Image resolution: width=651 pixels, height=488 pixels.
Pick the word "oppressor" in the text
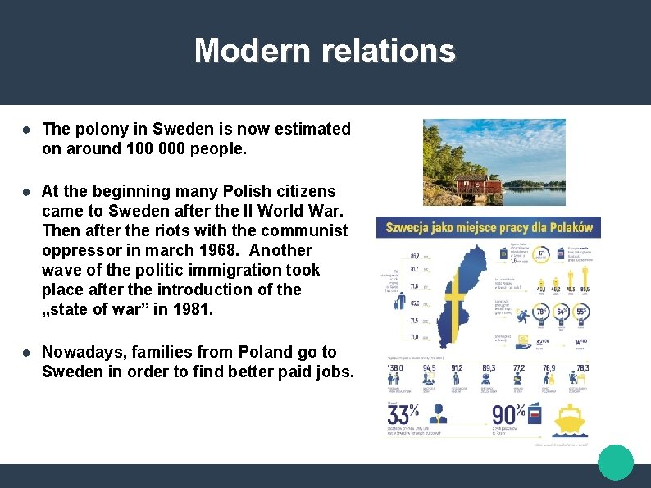click(81, 250)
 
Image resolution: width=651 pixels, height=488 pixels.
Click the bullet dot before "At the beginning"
click(27, 192)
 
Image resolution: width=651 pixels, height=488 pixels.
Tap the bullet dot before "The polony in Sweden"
click(27, 130)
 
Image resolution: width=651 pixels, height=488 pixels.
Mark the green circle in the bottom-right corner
click(616, 463)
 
